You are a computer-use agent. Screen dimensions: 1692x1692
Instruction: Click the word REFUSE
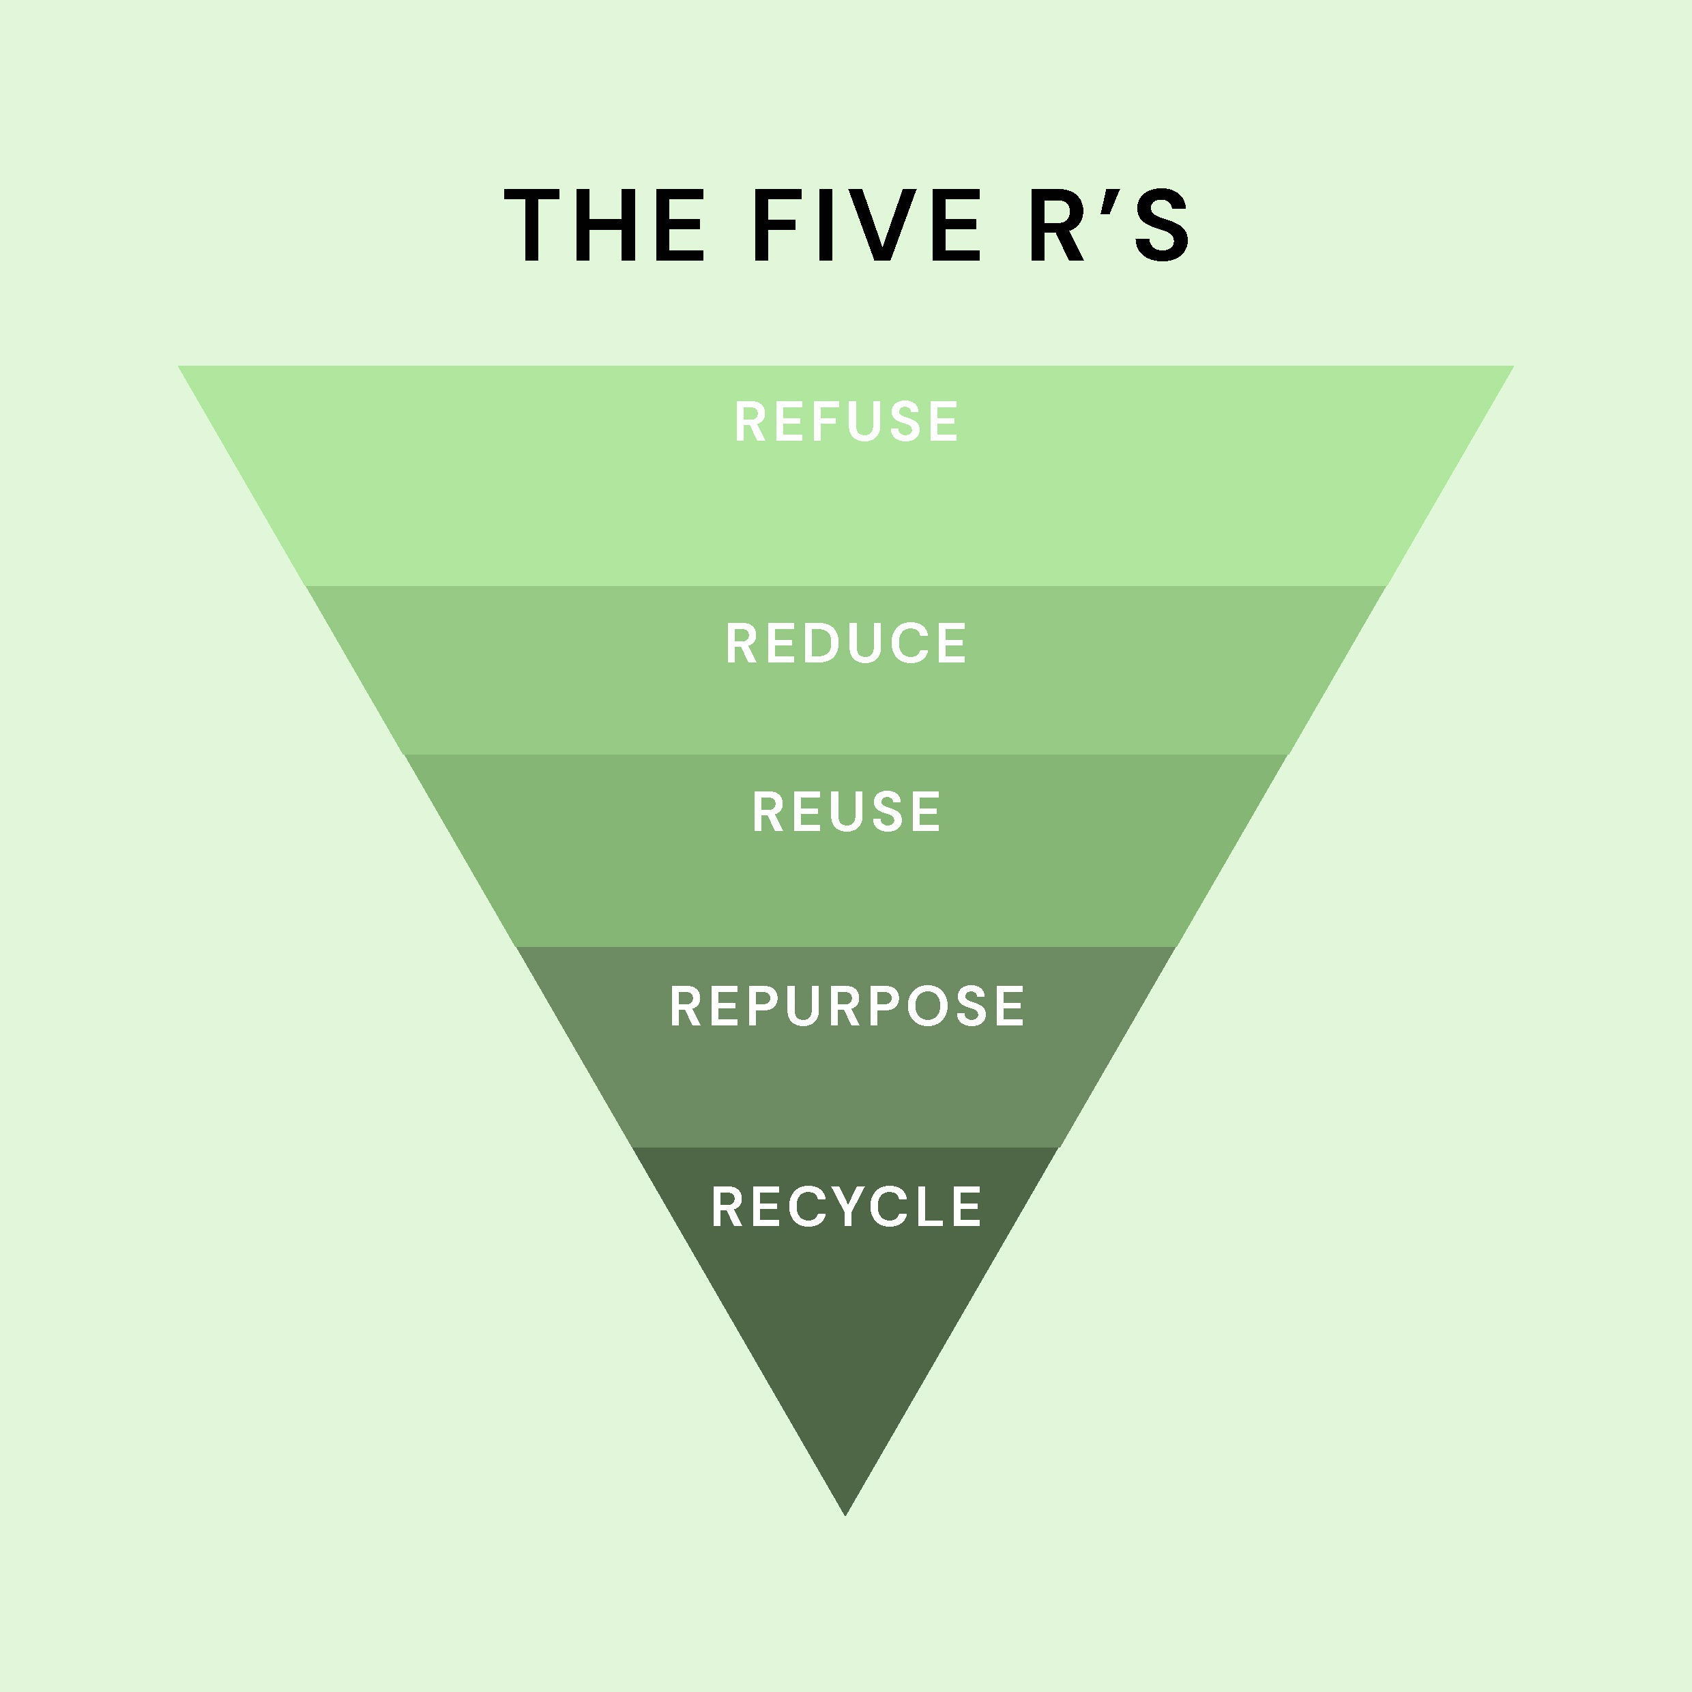coord(846,421)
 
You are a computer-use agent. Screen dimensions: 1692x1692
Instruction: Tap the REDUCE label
coord(846,643)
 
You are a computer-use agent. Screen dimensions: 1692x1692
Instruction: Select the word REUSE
coord(846,811)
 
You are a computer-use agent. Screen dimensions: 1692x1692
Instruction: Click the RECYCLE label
coord(846,1206)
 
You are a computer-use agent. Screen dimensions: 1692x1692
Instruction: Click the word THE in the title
coord(604,225)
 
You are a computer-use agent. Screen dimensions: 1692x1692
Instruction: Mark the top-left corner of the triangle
coord(180,368)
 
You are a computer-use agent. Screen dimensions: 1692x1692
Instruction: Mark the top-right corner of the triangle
coord(1512,368)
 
